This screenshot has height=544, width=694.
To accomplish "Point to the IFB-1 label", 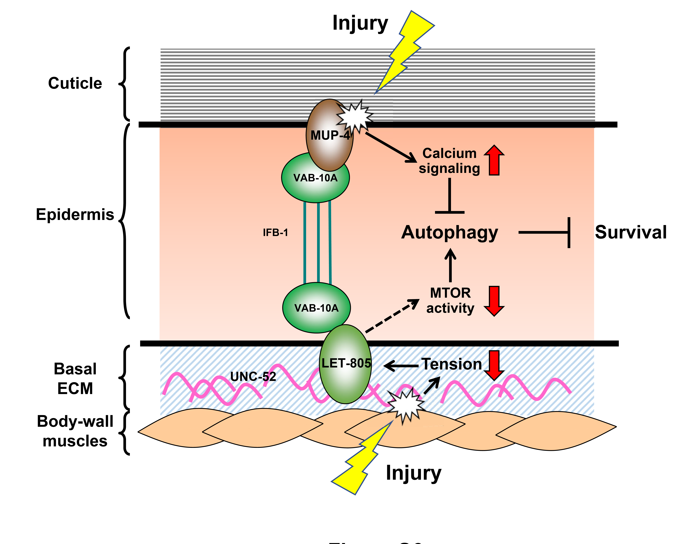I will [x=275, y=232].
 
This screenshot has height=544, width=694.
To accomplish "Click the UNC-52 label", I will [x=253, y=376].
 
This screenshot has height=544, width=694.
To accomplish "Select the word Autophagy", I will [x=450, y=232].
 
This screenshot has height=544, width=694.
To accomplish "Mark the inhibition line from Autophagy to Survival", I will [x=544, y=232].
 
